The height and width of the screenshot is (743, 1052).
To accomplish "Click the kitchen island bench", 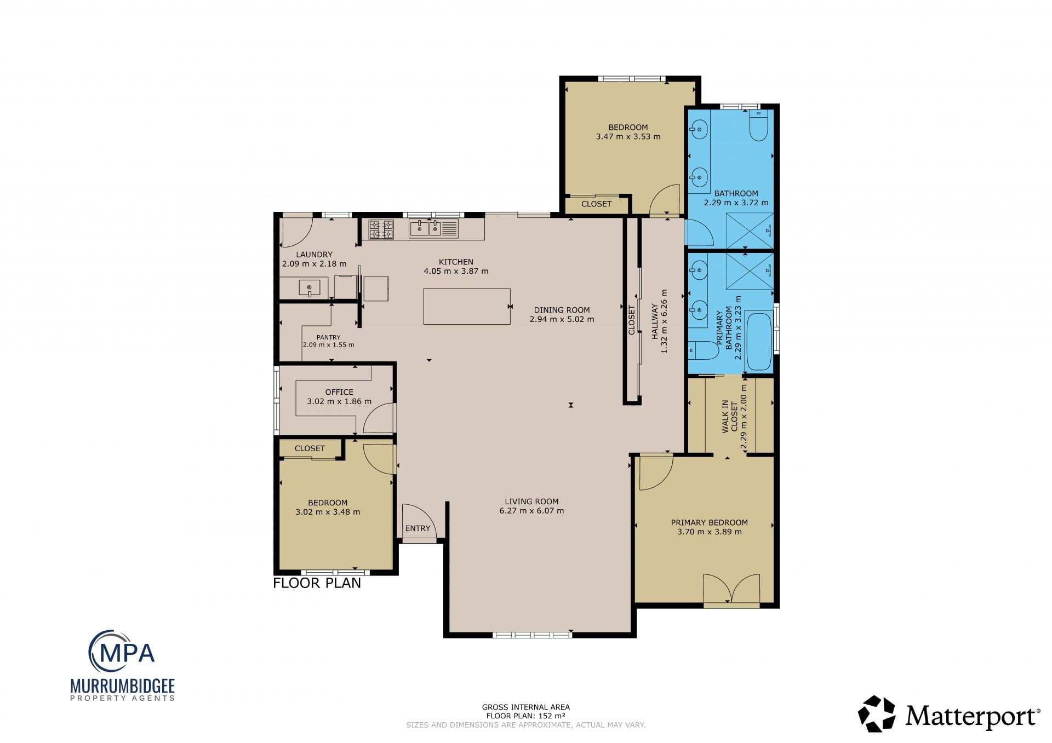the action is click(467, 306).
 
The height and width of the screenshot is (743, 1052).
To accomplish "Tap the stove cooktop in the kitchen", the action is click(381, 229).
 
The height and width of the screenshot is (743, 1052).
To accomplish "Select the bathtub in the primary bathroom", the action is click(759, 341).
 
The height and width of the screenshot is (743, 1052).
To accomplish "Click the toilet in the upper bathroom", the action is click(758, 125).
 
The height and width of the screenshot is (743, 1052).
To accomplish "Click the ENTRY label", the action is click(418, 528).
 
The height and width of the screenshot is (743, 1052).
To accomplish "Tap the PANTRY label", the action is click(328, 337).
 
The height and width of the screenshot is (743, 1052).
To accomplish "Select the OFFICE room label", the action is click(339, 392).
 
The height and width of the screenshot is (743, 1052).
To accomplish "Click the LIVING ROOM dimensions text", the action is click(531, 511).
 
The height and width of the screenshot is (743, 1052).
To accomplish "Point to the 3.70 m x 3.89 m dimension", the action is click(710, 532).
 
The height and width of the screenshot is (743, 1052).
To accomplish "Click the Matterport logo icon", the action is click(877, 713).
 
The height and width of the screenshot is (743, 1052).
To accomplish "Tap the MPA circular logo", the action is click(122, 652).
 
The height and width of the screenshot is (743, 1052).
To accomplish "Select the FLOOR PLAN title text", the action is click(317, 583).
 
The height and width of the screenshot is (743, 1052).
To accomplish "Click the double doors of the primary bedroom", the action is click(731, 590).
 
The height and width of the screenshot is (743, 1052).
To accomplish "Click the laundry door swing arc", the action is click(296, 232).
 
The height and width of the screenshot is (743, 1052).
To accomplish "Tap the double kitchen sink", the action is click(433, 228).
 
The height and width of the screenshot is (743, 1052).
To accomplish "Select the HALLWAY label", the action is click(654, 321).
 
